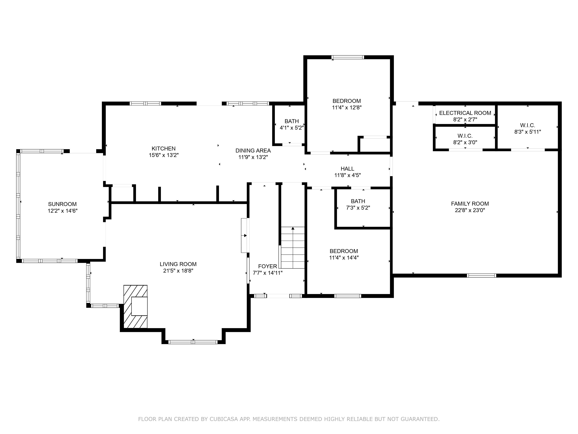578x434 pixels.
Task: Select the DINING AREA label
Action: tap(253, 151)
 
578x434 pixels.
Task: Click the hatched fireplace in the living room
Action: tap(135, 306)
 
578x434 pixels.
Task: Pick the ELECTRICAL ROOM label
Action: tap(465, 113)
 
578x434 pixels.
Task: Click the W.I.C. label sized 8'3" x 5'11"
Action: tap(528, 125)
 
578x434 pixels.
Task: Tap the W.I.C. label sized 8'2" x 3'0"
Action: tap(465, 136)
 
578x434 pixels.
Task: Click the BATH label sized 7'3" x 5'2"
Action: tap(358, 201)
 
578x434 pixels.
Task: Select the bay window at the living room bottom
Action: tap(193, 342)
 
